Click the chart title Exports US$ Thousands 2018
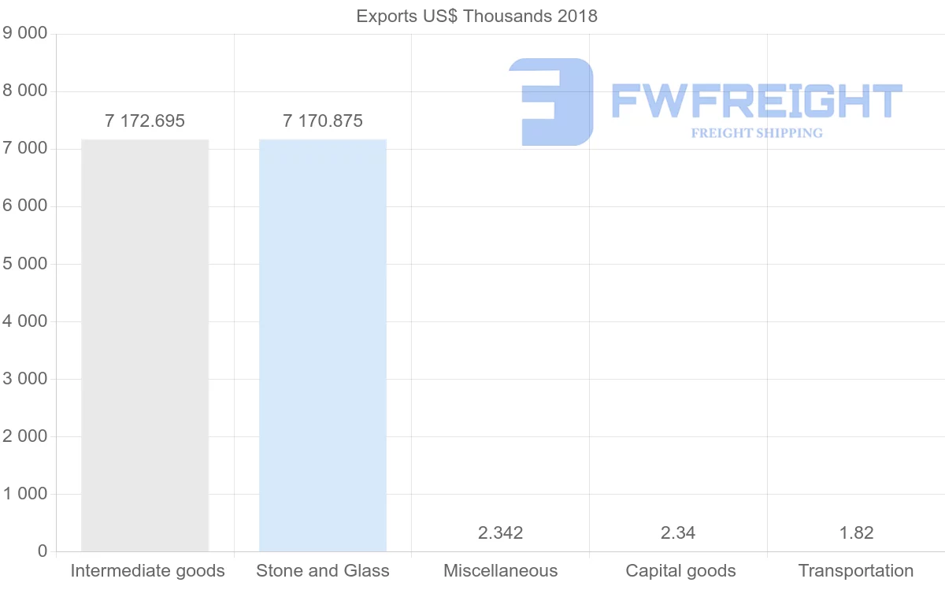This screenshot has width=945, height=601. pos(476,16)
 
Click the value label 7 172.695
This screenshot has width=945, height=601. pos(145,121)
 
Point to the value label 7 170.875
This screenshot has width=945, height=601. pos(323,121)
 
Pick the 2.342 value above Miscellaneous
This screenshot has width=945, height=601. pos(500,533)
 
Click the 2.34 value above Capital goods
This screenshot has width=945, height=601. pos(678,533)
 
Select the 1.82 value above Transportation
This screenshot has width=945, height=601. pos(856,533)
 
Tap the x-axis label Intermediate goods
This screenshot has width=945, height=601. pos(147,571)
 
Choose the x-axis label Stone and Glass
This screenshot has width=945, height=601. pos(323,571)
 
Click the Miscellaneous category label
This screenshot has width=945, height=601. pos(500,571)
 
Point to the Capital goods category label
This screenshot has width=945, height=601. pos(680,571)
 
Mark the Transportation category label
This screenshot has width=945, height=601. pos(856,571)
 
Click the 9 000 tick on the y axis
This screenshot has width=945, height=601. pos(26,34)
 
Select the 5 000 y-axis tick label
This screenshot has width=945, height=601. pos(26,264)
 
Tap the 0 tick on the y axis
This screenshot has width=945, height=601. pos(43,551)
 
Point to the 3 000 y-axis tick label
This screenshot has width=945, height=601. pos(26,379)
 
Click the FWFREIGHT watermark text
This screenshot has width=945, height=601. pos(756,102)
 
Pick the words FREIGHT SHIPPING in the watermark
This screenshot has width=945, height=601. pos(757,133)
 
